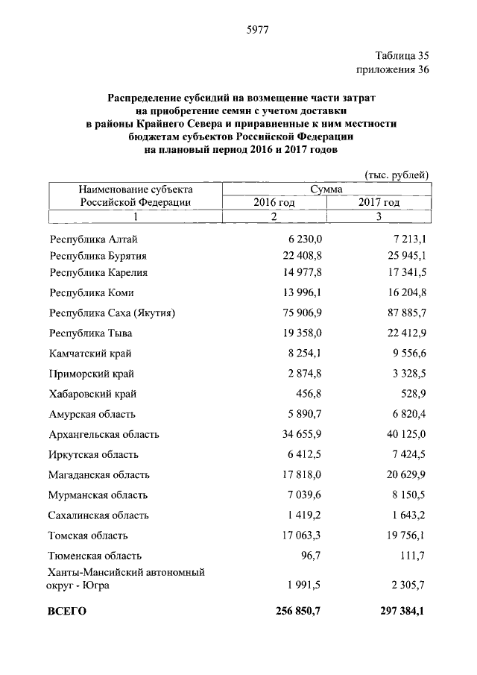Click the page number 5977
point(257,30)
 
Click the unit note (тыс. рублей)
point(397,175)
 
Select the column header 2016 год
point(274,202)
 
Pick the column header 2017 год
point(379,202)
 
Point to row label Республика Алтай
point(93,239)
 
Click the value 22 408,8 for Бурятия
point(300,256)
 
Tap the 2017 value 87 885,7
point(405,313)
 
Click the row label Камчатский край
point(90,353)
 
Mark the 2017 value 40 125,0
point(405,434)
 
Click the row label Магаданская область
point(99,474)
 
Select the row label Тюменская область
point(95,555)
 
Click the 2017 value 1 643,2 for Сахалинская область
point(408,515)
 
